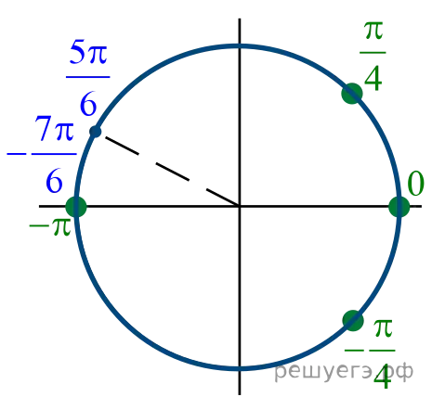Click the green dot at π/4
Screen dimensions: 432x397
tap(352, 94)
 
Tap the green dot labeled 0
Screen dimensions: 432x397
tap(399, 207)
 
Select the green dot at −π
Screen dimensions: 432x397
tap(76, 207)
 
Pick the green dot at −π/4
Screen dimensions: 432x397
tap(353, 321)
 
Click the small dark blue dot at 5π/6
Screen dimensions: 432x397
tap(96, 132)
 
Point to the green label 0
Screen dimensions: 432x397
tap(415, 184)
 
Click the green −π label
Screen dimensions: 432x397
tap(50, 226)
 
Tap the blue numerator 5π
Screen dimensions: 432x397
tap(88, 52)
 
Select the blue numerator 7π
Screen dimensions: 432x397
tap(54, 128)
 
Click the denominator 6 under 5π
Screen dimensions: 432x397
tap(88, 105)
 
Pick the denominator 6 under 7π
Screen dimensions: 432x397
tap(55, 181)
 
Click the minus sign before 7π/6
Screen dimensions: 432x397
tap(17, 154)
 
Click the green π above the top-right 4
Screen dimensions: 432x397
tap(373, 32)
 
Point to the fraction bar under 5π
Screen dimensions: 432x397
tap(88, 77)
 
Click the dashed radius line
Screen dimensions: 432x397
tap(167, 169)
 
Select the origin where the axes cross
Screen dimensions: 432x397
tap(240, 206)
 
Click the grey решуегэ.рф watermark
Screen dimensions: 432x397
tap(344, 371)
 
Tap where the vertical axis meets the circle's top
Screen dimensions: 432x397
tap(240, 46)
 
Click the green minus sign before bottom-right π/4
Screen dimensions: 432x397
tap(354, 351)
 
